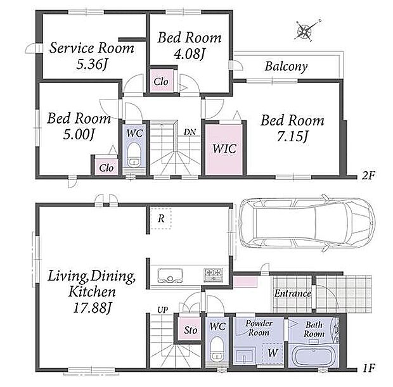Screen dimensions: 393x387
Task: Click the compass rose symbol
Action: point(305,31)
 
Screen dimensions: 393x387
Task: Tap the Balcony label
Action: point(287,67)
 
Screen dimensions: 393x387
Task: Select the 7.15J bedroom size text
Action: point(292,137)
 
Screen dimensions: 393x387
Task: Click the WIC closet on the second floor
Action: point(224,149)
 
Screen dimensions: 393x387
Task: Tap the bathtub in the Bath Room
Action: point(315,357)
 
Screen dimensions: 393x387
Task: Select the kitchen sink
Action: point(170,276)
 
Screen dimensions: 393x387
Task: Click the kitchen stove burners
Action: point(213,275)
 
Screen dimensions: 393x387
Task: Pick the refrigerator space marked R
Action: point(161,219)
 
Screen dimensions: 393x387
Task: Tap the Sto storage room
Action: point(190,329)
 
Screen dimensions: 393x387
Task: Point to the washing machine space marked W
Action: point(273,353)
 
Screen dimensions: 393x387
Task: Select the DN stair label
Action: point(190,132)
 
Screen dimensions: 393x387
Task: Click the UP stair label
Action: point(163,310)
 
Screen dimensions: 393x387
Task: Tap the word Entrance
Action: point(293,293)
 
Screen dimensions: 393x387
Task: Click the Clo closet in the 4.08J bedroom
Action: point(161,81)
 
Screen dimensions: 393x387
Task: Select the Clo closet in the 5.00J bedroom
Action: point(106,167)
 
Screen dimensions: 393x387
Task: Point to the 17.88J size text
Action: point(93,308)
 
